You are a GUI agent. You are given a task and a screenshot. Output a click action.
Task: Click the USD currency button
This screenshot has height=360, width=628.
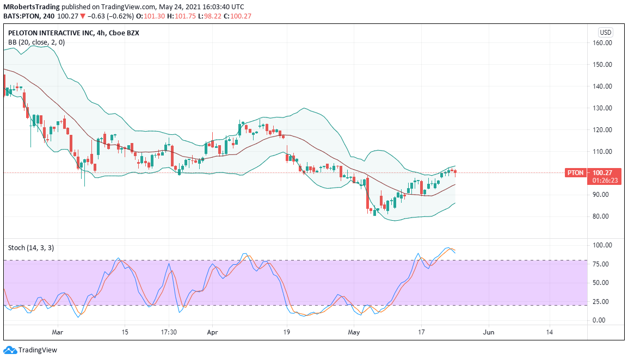(x=605, y=33)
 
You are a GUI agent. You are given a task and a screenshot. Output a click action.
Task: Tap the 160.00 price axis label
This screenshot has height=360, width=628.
(x=602, y=43)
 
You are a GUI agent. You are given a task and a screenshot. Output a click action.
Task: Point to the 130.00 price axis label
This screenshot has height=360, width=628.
(x=602, y=108)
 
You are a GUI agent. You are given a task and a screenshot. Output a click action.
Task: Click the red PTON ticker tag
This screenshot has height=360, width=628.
(x=576, y=173)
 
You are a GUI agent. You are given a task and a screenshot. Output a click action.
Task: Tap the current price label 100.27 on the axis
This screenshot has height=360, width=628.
(x=602, y=173)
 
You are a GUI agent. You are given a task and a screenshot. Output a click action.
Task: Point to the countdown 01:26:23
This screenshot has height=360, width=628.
(x=605, y=181)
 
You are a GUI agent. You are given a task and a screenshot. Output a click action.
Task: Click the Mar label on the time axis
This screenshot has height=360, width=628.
(x=58, y=332)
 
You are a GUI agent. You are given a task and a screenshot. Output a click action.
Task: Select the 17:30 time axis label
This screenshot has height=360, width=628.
(x=169, y=332)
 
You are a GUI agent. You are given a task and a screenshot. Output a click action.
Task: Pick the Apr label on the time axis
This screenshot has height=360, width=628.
(x=212, y=332)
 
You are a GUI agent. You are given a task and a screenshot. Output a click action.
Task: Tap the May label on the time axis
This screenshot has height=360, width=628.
(x=354, y=332)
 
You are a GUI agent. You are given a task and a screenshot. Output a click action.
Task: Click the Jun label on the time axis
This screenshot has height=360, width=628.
(x=488, y=332)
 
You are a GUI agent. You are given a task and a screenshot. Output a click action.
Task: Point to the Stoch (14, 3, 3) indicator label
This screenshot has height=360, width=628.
(x=31, y=248)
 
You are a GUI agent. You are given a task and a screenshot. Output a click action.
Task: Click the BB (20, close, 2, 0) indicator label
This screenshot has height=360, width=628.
(x=36, y=42)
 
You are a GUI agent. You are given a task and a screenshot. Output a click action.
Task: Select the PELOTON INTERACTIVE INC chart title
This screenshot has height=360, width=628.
(x=51, y=33)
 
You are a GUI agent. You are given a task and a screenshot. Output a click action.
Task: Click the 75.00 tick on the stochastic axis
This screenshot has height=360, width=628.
(x=601, y=264)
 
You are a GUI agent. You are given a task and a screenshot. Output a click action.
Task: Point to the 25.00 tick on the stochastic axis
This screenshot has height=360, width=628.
(x=601, y=301)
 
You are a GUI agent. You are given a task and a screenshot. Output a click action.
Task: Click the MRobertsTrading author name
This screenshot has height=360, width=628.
(x=31, y=7)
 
